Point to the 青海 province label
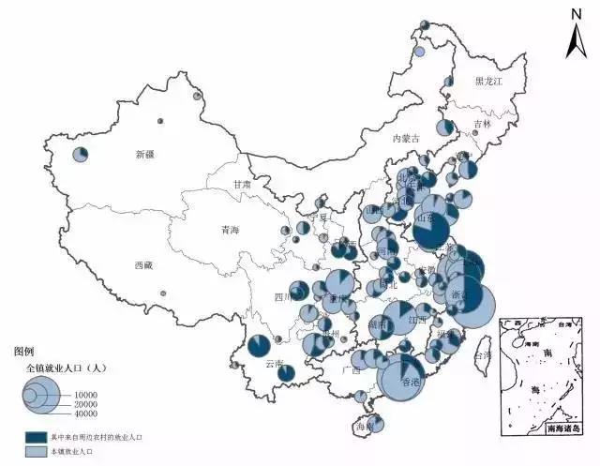(x=231, y=230)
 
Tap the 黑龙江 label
(x=488, y=83)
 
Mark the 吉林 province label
(x=482, y=124)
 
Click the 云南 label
(x=274, y=363)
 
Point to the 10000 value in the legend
(x=86, y=394)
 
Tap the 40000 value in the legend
(x=86, y=413)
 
